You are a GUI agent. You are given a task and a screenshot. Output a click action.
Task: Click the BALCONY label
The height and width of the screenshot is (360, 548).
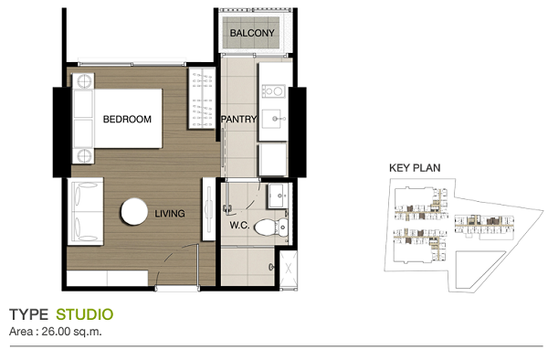point(252,33)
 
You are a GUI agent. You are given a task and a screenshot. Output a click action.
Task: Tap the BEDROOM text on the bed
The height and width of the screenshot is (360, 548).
point(127,119)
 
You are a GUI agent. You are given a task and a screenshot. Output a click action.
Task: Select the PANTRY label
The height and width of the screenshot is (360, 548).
point(238,119)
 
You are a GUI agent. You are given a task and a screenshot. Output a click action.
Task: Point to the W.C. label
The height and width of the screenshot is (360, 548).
point(239,226)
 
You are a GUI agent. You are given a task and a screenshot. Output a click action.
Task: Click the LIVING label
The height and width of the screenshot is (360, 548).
point(170,214)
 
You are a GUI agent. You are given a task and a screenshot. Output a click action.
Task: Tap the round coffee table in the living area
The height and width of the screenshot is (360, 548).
point(134,211)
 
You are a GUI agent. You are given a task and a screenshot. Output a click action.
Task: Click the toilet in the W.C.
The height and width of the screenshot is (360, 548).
point(271,228)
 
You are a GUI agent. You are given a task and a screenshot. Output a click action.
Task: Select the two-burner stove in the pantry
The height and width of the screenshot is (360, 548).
point(273,91)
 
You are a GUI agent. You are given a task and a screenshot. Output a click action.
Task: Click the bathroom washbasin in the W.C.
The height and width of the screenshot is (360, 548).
point(278,196)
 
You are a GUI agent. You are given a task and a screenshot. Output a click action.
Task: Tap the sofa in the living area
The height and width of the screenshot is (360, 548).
point(86,211)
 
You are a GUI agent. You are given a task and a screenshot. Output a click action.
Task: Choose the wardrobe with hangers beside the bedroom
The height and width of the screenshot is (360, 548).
point(202,99)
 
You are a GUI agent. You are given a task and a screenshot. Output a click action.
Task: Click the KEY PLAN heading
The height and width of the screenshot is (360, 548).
point(415,168)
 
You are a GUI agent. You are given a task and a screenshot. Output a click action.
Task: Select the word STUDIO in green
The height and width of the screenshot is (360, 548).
point(85,314)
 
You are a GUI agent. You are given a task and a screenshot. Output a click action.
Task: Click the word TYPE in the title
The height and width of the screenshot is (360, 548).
point(28,314)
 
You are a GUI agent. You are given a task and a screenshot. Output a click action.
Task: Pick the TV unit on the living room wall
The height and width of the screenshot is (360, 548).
point(208,209)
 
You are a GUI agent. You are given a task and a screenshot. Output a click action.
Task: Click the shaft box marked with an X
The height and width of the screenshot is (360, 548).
point(289,269)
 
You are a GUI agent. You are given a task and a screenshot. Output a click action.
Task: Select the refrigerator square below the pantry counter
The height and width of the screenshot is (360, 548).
point(273,160)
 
